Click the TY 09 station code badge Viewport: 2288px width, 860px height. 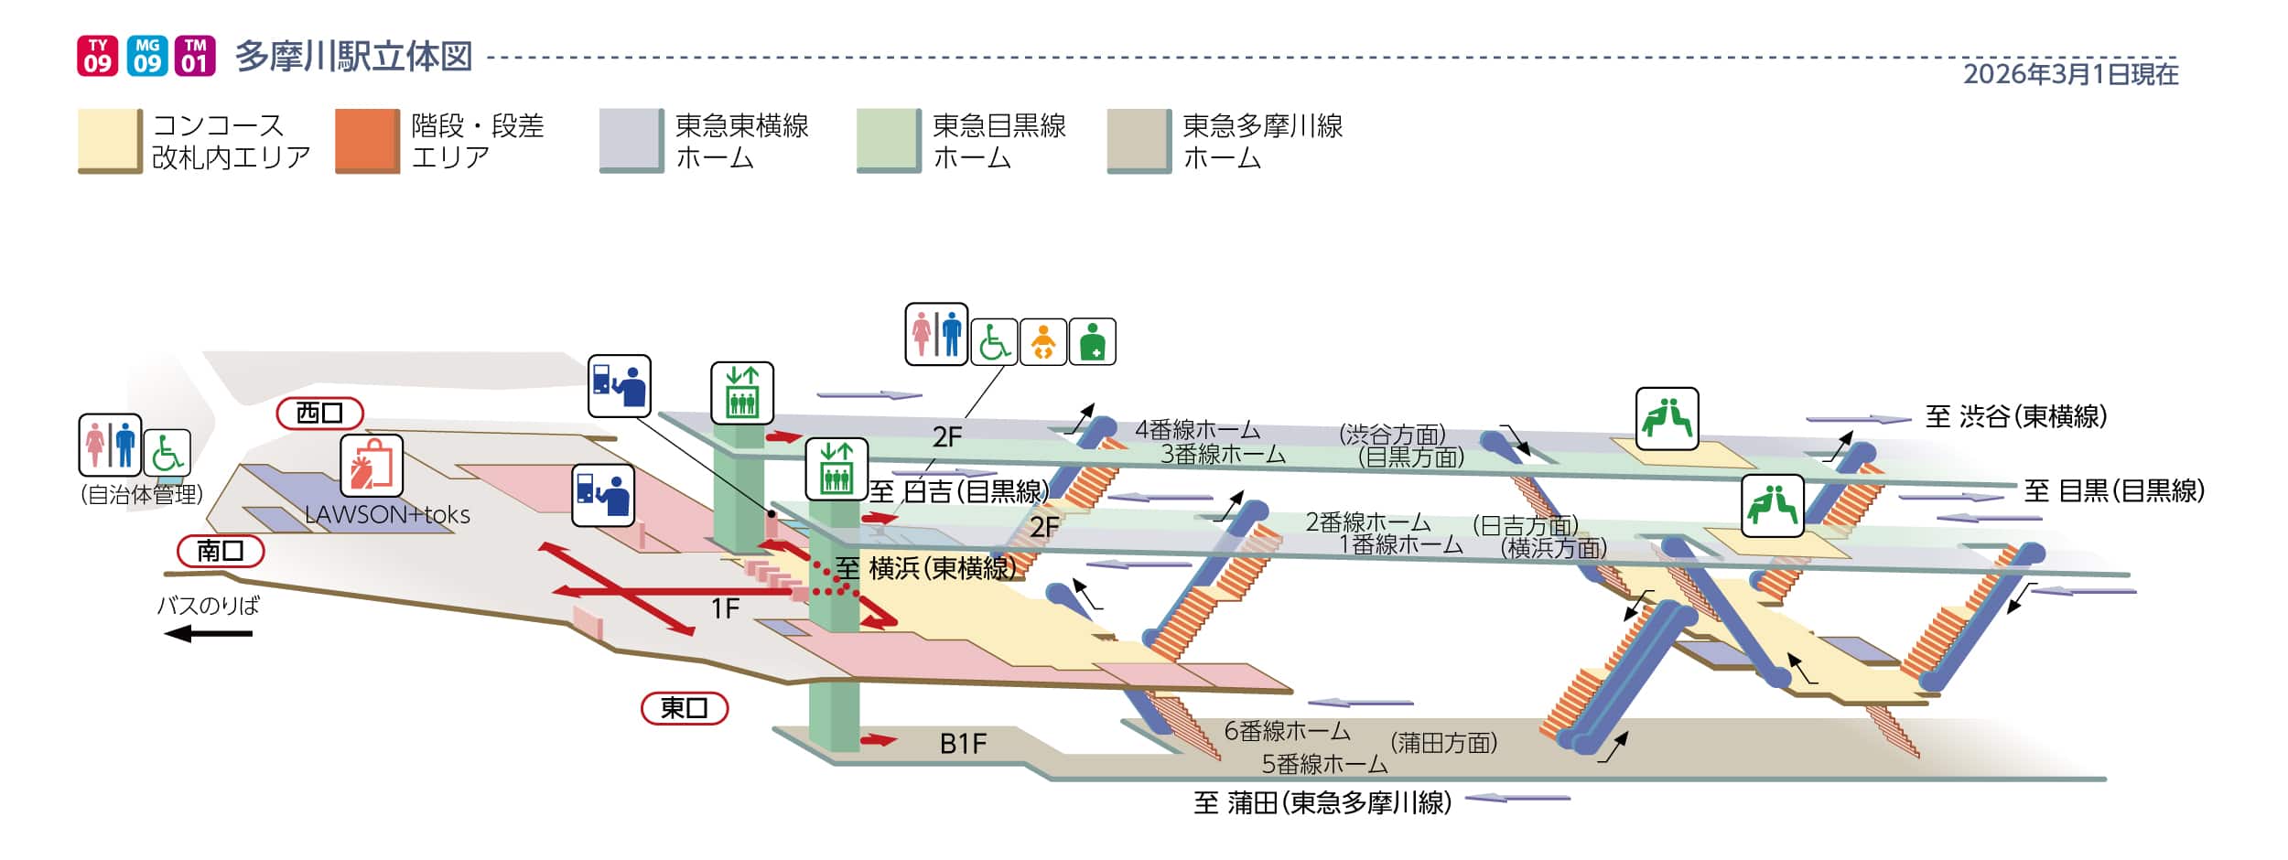97,55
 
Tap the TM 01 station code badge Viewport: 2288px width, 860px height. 194,55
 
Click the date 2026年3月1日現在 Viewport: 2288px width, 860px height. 2070,74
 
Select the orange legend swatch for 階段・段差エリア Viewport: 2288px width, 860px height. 367,141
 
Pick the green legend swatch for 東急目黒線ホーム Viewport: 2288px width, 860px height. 888,141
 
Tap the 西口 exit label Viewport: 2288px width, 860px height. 319,414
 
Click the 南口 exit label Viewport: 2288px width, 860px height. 221,551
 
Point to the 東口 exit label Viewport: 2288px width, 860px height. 684,708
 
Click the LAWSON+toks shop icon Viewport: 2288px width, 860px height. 372,466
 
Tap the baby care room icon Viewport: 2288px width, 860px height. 1043,342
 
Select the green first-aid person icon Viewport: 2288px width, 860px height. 1092,342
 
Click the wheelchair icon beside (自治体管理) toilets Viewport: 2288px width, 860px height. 167,453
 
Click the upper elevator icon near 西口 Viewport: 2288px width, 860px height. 742,392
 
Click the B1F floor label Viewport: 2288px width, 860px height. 963,744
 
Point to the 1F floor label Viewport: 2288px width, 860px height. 725,608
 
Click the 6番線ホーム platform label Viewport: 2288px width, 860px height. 1287,731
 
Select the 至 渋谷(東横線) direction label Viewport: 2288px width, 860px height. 2016,416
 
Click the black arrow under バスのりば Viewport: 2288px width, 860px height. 208,633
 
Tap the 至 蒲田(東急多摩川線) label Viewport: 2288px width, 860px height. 1322,802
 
